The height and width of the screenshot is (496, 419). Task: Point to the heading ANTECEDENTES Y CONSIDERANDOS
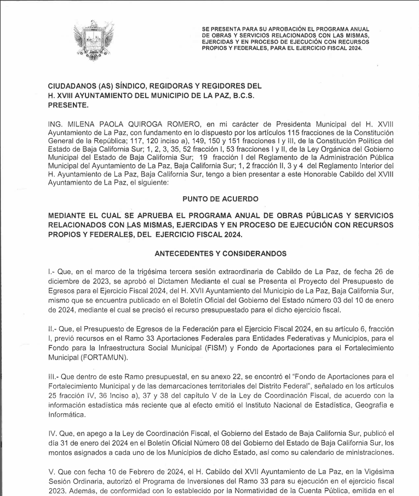(220, 254)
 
